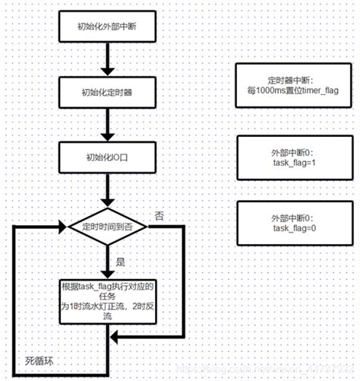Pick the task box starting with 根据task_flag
[108, 301]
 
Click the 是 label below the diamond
[118, 260]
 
